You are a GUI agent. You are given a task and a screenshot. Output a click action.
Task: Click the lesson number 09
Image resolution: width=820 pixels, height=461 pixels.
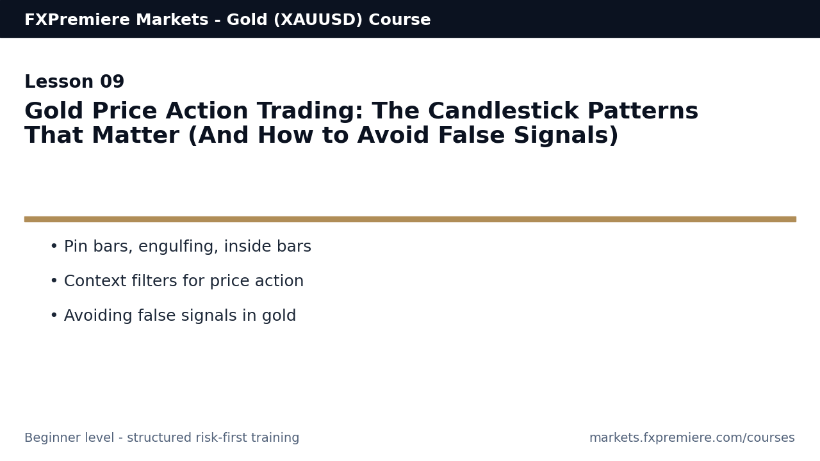pos(112,83)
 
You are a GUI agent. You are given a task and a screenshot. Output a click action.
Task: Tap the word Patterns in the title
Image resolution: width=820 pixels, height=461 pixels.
pos(643,112)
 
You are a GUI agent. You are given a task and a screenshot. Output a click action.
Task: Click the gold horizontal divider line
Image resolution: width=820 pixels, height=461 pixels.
pos(410,219)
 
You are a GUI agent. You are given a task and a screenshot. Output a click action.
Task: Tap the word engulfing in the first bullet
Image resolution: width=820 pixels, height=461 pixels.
pos(179,247)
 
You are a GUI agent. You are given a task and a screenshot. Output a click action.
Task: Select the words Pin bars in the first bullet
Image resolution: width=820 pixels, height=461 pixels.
pos(97,247)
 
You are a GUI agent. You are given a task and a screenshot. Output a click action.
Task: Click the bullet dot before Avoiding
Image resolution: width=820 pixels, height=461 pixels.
pos(54,316)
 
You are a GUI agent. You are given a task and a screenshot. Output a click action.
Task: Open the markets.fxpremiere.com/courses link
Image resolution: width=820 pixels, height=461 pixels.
pos(692,439)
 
